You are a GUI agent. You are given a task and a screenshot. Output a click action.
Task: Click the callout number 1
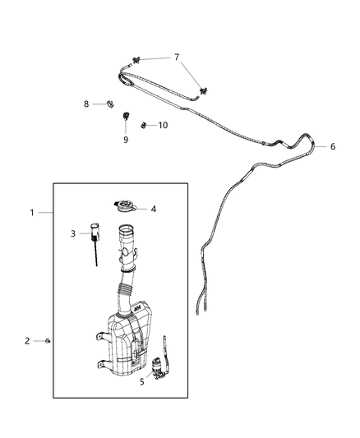coord(32,213)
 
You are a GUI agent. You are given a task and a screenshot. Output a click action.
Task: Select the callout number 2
coord(27,340)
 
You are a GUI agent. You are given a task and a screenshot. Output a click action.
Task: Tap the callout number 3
coord(73,234)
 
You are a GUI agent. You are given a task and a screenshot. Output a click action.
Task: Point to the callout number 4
coord(153,209)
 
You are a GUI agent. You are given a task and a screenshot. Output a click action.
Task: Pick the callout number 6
coord(333,147)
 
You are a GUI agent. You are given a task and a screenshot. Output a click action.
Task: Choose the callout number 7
coord(175,58)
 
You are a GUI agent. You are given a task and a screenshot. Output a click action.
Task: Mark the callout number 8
coord(86,104)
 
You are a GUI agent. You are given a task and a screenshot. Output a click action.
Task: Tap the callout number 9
coord(126,140)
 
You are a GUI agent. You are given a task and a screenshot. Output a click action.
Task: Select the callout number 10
coord(163,126)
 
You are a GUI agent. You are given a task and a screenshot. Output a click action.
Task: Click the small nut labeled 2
coord(51,340)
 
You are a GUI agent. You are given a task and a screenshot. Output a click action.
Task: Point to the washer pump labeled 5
coord(160,363)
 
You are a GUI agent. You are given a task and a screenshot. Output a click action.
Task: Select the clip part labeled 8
coord(108,104)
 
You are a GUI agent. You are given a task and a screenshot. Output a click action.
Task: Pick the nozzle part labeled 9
coord(126,117)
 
